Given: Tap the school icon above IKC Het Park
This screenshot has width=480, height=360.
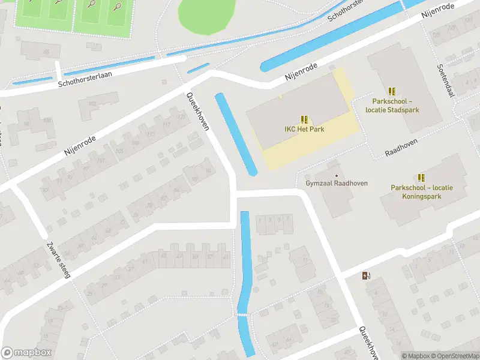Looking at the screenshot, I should click(x=304, y=119).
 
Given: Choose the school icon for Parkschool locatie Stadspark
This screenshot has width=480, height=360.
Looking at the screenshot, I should click(x=392, y=91).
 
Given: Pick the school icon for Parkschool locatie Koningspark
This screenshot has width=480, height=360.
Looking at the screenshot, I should click(x=421, y=178).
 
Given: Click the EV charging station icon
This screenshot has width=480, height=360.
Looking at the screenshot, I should click(x=366, y=276).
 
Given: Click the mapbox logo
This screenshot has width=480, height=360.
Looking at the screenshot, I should click(x=26, y=353).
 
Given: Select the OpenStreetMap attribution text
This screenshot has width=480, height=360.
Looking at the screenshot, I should click(x=454, y=356).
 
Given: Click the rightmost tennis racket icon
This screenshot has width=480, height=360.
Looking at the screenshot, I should click(x=118, y=6).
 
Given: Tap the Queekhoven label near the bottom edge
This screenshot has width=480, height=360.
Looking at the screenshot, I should click(x=367, y=343).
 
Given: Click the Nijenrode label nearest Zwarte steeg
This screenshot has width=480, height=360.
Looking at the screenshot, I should click(x=80, y=146).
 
